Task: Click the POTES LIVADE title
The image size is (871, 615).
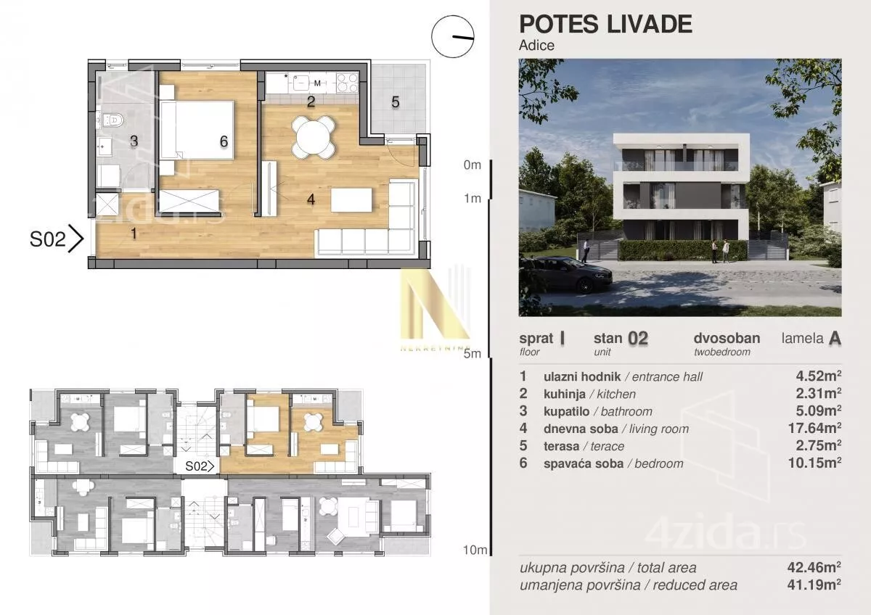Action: click(x=605, y=24)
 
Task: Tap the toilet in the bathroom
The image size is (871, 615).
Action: click(x=113, y=120)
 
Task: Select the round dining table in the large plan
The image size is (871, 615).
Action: click(x=314, y=137)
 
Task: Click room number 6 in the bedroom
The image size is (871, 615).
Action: click(x=224, y=141)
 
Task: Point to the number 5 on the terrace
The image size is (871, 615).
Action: click(x=396, y=102)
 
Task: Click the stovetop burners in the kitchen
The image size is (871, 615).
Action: click(x=347, y=83)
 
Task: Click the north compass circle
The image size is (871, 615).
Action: click(x=453, y=36)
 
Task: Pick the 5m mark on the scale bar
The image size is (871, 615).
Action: click(x=472, y=354)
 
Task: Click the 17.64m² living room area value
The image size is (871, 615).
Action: click(x=814, y=428)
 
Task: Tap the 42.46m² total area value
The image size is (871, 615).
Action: click(x=814, y=567)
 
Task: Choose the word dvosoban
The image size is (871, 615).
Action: click(x=727, y=338)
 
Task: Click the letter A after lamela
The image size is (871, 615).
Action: click(x=835, y=339)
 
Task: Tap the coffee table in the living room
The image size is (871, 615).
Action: click(x=351, y=199)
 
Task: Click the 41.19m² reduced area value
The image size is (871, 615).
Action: click(x=814, y=585)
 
